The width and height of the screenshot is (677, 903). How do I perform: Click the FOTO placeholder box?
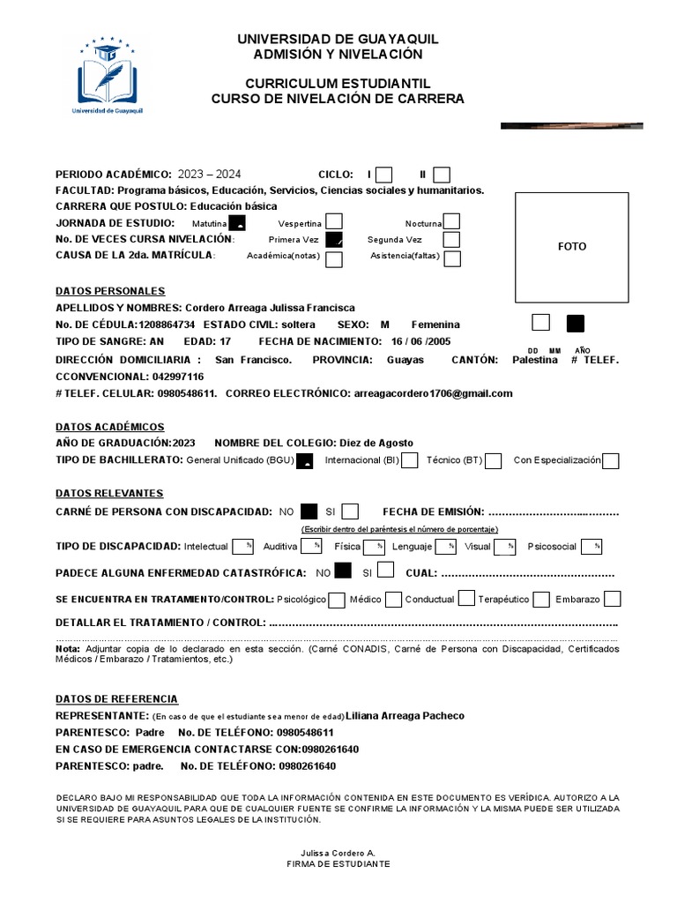pyautogui.click(x=571, y=247)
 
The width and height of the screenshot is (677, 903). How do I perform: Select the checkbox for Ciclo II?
pyautogui.click(x=442, y=175)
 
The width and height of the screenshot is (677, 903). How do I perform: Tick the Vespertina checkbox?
pyautogui.click(x=334, y=222)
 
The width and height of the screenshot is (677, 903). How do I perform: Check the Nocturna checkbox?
pyautogui.click(x=451, y=222)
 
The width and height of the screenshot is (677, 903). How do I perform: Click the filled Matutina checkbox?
pyautogui.click(x=237, y=222)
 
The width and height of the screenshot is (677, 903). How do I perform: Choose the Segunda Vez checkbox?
pyautogui.click(x=451, y=240)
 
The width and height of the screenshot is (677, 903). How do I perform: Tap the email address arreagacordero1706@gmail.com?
pyautogui.click(x=432, y=393)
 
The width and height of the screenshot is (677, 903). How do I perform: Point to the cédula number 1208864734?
pyautogui.click(x=167, y=325)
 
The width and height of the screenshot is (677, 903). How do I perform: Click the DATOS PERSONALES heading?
pyautogui.click(x=110, y=291)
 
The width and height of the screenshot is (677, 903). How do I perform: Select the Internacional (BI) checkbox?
pyautogui.click(x=409, y=460)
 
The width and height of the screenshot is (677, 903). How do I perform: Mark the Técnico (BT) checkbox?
pyautogui.click(x=494, y=460)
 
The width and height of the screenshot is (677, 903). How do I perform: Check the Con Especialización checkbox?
pyautogui.click(x=610, y=460)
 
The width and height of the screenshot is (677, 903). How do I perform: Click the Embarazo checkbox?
pyautogui.click(x=612, y=600)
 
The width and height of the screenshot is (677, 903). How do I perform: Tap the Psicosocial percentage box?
pyautogui.click(x=591, y=547)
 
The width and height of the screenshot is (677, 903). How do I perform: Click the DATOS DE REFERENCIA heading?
pyautogui.click(x=116, y=698)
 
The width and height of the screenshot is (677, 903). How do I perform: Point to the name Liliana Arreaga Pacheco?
pyautogui.click(x=405, y=715)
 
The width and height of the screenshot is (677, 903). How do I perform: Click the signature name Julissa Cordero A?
pyautogui.click(x=338, y=853)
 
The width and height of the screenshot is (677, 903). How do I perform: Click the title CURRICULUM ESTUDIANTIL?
pyautogui.click(x=338, y=83)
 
